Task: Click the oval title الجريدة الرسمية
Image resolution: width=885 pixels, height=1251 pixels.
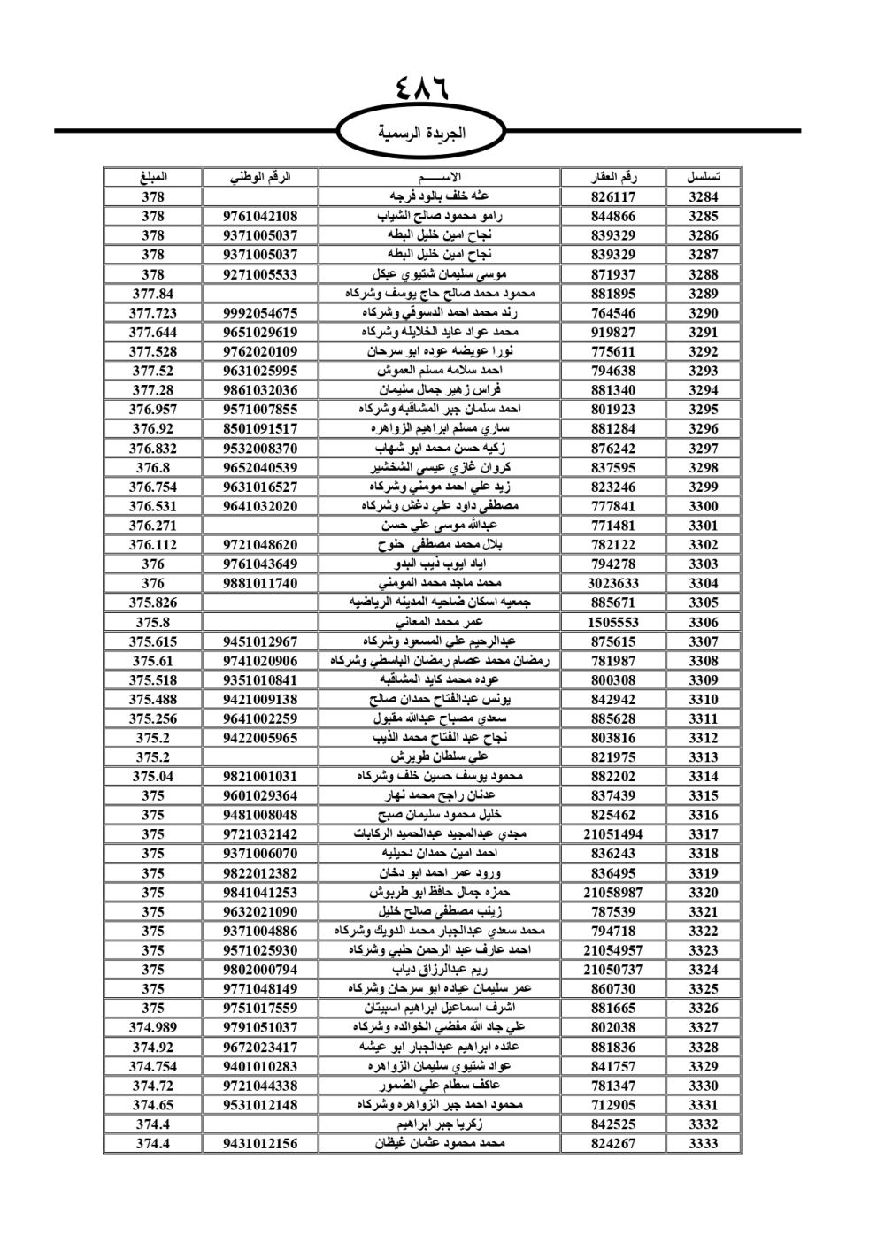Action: click(421, 133)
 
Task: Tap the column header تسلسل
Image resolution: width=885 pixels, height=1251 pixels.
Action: click(704, 177)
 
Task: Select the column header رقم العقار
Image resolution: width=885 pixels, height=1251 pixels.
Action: click(613, 177)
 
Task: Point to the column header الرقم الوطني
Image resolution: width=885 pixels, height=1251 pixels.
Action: click(260, 177)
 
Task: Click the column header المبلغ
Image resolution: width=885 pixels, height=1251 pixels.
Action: click(153, 177)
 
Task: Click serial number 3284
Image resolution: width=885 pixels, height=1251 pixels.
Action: click(704, 197)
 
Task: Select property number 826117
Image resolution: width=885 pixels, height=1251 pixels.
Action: click(613, 197)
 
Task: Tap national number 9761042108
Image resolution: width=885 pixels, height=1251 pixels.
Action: click(260, 217)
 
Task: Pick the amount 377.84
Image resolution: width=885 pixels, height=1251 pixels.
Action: click(153, 294)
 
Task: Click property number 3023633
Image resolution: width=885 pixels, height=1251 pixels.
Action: click(613, 584)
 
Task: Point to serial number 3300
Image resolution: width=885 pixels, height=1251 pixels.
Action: click(704, 507)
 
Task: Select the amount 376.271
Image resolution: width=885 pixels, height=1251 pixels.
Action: click(153, 526)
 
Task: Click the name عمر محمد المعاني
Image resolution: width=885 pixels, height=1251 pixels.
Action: click(440, 622)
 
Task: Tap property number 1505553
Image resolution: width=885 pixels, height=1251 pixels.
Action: click(613, 622)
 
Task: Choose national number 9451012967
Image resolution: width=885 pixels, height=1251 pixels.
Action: click(260, 641)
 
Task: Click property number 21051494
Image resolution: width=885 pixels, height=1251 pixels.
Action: click(613, 834)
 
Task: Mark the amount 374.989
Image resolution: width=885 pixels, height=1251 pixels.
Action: click(153, 1027)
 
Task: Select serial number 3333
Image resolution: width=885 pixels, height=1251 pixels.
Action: click(704, 1144)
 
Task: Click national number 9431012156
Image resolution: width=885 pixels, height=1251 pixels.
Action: click(260, 1144)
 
